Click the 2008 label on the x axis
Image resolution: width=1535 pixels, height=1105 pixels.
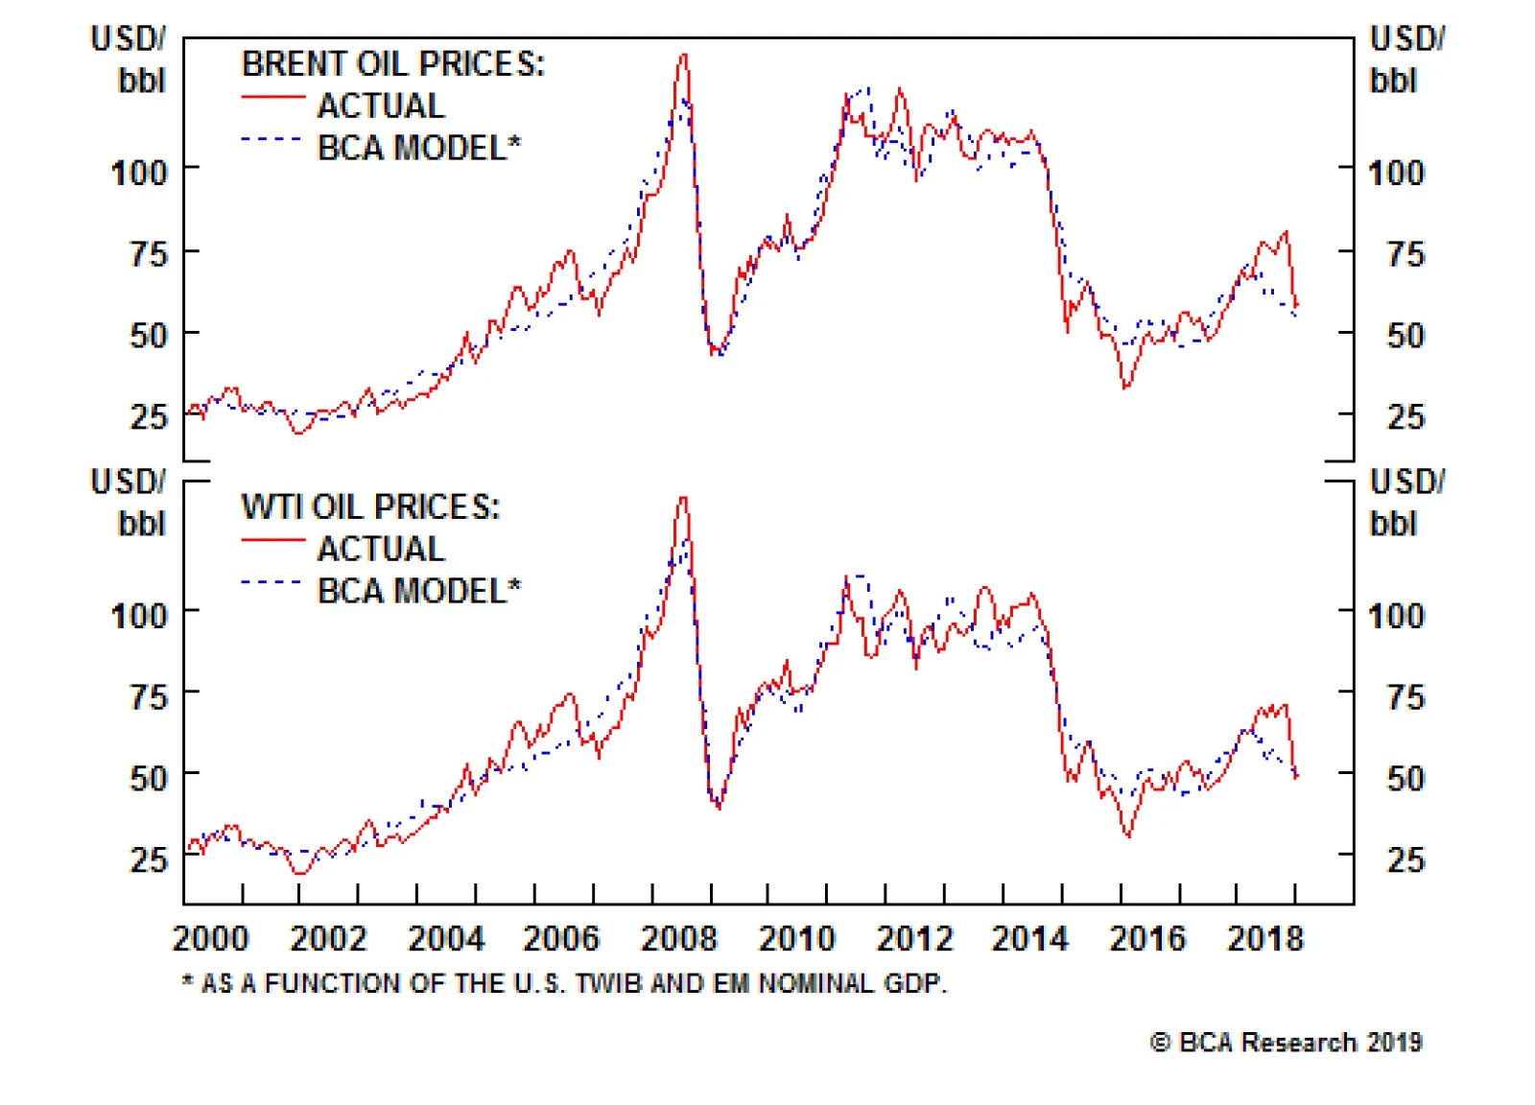coord(678,938)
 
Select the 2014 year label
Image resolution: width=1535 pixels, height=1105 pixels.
coord(1029,938)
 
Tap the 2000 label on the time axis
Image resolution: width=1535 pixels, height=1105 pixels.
coord(210,938)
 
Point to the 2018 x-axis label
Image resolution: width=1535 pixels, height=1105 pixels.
coord(1265,938)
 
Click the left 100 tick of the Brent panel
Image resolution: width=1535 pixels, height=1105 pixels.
coord(139,174)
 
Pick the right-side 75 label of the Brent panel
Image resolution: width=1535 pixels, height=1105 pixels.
coord(1405,255)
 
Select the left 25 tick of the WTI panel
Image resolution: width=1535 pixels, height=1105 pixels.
coord(149,859)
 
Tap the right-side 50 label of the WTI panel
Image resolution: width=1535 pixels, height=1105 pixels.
coord(1405,778)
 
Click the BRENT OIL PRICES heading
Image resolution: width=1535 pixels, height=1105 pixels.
coord(392,64)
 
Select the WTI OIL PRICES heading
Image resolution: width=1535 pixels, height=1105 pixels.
coord(370,506)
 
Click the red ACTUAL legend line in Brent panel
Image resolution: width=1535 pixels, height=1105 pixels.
coord(272,97)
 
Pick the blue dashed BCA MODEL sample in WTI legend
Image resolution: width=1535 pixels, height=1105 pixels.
coord(272,581)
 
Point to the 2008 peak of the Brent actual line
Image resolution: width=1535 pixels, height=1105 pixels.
coord(683,56)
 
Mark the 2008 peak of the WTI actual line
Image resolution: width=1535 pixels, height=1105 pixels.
coord(683,498)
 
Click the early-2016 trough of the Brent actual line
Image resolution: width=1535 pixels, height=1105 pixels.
coord(1126,387)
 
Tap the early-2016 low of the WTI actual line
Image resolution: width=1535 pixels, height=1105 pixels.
coord(1128,835)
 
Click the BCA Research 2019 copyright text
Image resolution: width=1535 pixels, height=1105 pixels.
coord(1286,1043)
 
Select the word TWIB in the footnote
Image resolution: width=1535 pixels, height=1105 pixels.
coord(610,984)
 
